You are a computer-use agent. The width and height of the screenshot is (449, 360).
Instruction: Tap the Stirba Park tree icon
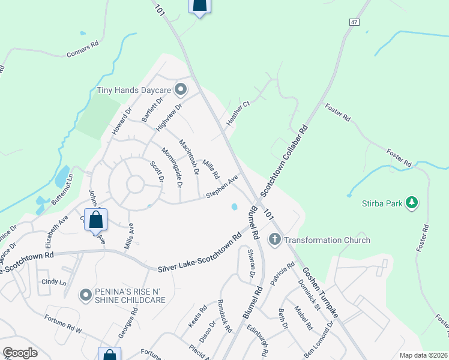click(412, 203)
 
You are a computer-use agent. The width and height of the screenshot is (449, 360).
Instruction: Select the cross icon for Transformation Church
click(275, 240)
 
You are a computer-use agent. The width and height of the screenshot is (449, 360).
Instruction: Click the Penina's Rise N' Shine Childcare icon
click(86, 295)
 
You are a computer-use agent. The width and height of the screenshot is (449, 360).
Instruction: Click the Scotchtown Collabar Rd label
click(284, 161)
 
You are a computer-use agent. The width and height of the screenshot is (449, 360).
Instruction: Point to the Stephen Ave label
click(222, 186)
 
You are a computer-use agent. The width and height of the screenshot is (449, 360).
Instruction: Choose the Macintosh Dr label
click(188, 157)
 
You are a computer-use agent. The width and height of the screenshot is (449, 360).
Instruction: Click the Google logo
click(20, 353)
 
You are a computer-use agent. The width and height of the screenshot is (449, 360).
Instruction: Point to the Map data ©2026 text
click(423, 355)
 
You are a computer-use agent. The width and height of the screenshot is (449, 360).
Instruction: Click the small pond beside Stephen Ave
click(234, 207)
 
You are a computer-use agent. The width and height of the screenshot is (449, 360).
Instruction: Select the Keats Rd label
click(197, 316)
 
